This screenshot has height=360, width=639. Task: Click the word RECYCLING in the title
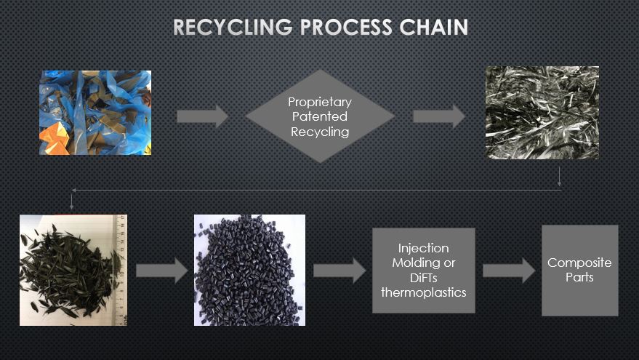pyautogui.click(x=231, y=28)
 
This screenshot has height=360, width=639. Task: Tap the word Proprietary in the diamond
pyautogui.click(x=320, y=102)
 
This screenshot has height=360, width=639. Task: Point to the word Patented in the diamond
pyautogui.click(x=320, y=116)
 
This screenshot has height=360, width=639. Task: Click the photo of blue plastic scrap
pyautogui.click(x=95, y=112)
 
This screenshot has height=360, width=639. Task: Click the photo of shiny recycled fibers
pyautogui.click(x=542, y=113)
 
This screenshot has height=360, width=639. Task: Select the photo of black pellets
pyautogui.click(x=249, y=270)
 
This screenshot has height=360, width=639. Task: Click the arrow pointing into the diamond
pyautogui.click(x=202, y=116)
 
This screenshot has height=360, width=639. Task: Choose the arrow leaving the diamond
pyautogui.click(x=439, y=116)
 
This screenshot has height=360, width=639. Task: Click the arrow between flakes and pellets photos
pyautogui.click(x=161, y=271)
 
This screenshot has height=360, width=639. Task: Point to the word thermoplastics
pyautogui.click(x=423, y=292)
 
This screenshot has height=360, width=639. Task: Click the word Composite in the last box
pyautogui.click(x=579, y=263)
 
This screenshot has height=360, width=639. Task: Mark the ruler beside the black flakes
pyautogui.click(x=121, y=270)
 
